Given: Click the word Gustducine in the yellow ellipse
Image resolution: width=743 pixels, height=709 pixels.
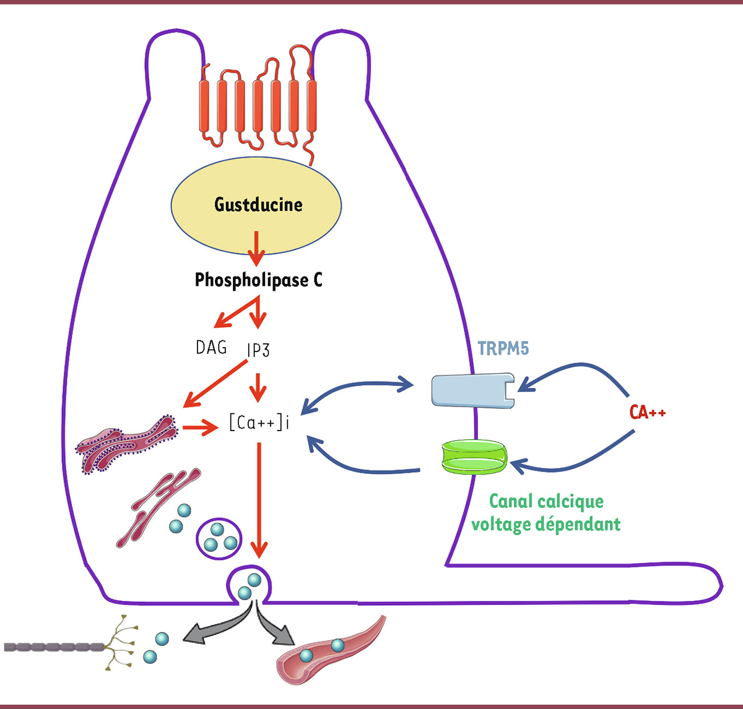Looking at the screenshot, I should [258, 205].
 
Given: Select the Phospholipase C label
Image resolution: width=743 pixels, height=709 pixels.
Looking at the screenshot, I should [258, 280].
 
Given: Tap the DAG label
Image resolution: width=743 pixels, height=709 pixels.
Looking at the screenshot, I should [211, 348].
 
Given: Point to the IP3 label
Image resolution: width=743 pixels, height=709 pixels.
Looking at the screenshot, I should [258, 351].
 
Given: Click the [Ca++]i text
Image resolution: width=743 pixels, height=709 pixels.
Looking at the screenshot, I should [259, 423].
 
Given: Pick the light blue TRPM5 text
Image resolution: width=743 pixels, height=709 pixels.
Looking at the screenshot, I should [503, 349].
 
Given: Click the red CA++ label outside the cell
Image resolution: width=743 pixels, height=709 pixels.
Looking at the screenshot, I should [647, 412].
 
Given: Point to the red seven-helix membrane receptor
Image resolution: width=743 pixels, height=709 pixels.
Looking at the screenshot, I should [258, 105].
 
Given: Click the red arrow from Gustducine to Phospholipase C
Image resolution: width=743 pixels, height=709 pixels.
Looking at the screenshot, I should [256, 248].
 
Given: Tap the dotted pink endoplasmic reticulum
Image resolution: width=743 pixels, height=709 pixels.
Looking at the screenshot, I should [127, 443].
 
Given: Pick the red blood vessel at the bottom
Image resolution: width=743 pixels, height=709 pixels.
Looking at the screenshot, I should [328, 653].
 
